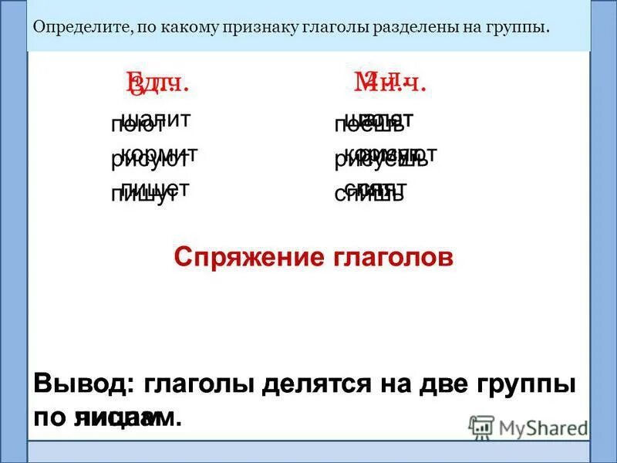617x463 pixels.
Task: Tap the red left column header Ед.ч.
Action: pos(157,81)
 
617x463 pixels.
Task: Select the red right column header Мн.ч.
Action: pos(389,81)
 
